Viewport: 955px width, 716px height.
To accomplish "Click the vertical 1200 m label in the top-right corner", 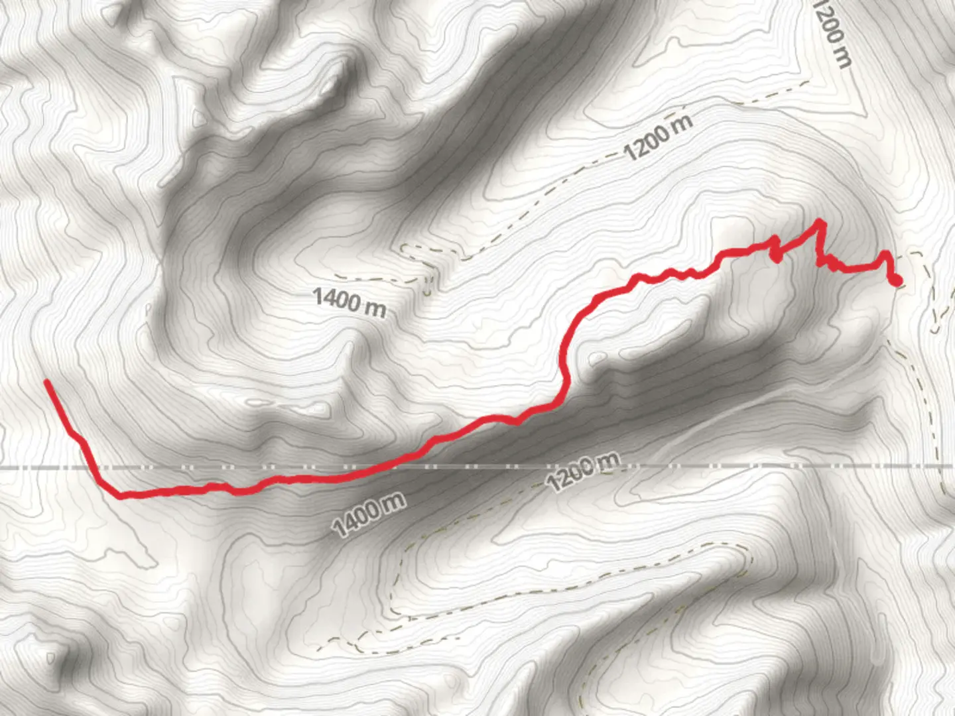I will [x=832, y=33].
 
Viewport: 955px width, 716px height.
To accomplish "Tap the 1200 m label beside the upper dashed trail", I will [x=659, y=137].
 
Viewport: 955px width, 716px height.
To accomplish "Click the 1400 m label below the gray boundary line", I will [x=369, y=514].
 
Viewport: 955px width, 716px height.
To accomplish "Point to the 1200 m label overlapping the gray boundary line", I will [x=584, y=470].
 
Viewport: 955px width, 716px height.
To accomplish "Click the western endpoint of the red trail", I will [x=46, y=382].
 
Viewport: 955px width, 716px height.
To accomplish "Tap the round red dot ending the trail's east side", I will [x=896, y=281].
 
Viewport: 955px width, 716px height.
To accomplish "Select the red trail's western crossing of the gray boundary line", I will [x=95, y=467].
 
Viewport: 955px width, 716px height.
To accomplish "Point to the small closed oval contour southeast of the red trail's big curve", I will [x=597, y=359].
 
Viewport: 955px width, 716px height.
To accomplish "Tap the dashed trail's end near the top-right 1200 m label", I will [x=808, y=83].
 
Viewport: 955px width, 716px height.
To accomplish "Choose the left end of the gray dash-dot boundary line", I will [x=3, y=467].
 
